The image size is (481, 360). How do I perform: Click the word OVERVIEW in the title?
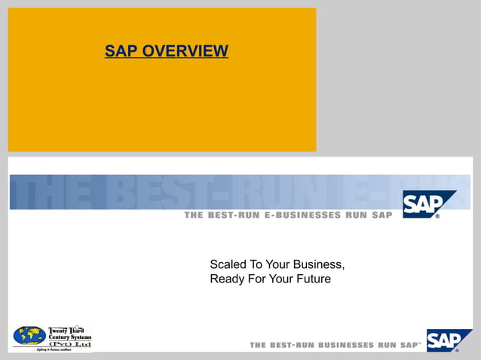point(185,51)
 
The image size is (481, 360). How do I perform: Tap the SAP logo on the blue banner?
point(427,204)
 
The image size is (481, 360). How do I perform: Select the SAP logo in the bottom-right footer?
point(447,340)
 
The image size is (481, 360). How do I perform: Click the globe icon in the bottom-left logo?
point(29,336)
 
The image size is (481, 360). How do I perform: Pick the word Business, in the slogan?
point(320,264)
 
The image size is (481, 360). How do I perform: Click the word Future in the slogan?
point(313,279)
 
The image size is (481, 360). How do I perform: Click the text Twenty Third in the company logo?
point(68,329)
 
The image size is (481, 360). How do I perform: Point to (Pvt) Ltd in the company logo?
point(69,343)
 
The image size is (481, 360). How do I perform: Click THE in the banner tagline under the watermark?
point(196,216)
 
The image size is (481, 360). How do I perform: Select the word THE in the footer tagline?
point(259,345)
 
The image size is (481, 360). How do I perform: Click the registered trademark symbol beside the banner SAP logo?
point(437,216)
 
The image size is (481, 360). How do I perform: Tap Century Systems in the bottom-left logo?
point(69,337)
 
